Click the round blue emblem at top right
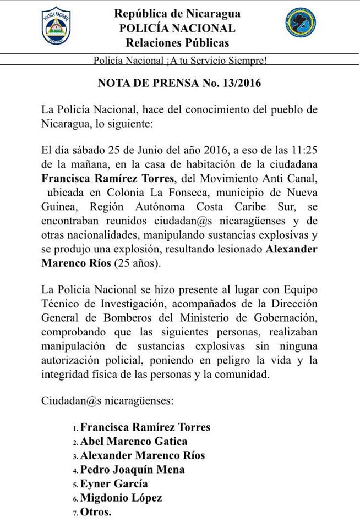(301, 24)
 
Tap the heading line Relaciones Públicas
(177, 43)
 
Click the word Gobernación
(283, 316)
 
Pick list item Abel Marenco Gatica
(134, 441)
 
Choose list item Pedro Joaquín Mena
(133, 470)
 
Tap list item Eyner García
(114, 484)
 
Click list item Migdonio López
(121, 498)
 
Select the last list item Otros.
(96, 513)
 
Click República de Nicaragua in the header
(177, 14)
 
